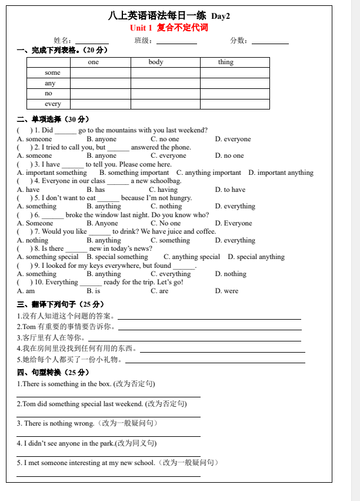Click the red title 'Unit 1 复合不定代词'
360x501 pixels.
[x=168, y=28]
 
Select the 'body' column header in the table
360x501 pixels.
[x=156, y=62]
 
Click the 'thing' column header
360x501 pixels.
[x=226, y=62]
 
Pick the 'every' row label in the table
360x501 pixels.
[x=53, y=104]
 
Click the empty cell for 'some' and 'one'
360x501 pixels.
[x=100, y=72]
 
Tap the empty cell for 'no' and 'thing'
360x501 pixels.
[x=234, y=93]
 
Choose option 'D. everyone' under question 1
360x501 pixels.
[x=233, y=139]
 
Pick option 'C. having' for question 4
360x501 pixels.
[x=163, y=190]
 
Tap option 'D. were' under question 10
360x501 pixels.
[x=227, y=291]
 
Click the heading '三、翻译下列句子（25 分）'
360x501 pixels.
[x=60, y=304]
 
